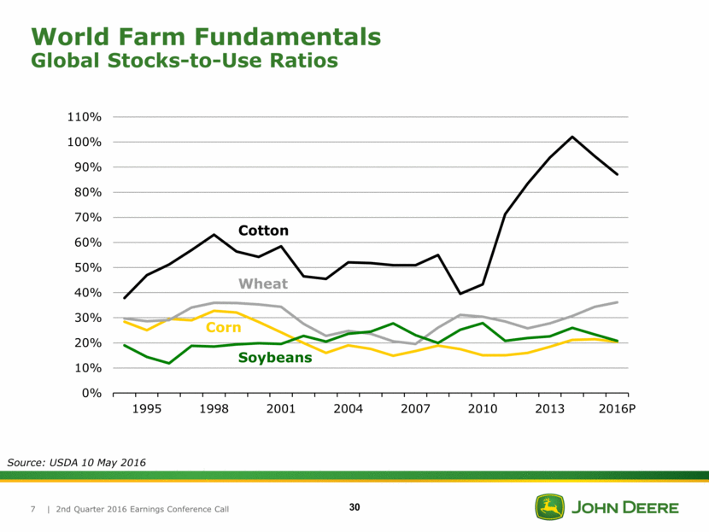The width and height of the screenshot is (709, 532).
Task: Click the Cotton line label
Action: (263, 231)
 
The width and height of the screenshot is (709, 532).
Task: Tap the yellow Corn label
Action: (223, 328)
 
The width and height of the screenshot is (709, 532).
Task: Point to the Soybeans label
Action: (274, 358)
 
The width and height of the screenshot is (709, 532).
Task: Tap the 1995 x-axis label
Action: (146, 409)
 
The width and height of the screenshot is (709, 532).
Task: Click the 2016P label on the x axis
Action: (617, 409)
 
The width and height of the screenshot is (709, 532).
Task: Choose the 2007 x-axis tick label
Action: (415, 409)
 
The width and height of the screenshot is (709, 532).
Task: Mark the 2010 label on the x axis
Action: (483, 409)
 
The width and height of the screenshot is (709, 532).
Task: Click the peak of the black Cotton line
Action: (571, 137)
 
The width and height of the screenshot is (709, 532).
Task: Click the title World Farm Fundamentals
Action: (205, 36)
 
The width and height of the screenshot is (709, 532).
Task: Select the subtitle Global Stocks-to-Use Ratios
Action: (184, 61)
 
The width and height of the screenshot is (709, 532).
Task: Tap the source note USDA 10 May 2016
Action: (77, 462)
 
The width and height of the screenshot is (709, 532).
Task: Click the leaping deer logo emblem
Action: (549, 507)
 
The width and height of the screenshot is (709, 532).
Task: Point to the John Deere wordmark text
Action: (625, 508)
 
